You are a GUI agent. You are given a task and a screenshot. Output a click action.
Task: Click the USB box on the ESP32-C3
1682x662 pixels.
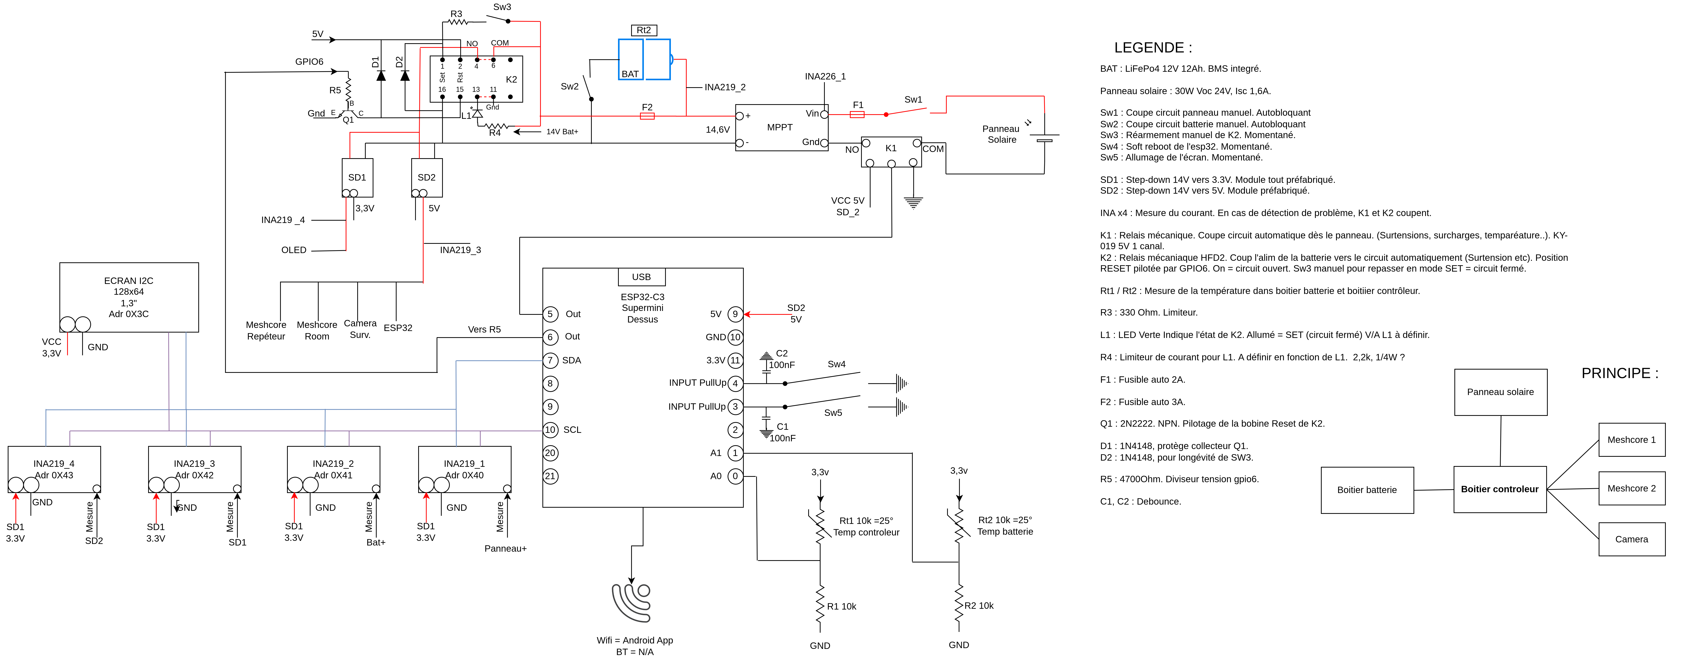tap(642, 277)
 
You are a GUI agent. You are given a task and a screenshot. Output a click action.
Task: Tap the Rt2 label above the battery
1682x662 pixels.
tap(644, 30)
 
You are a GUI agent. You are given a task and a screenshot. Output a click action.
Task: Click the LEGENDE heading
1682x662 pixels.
tap(1153, 48)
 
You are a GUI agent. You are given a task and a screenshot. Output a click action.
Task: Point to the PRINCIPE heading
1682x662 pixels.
tap(1619, 373)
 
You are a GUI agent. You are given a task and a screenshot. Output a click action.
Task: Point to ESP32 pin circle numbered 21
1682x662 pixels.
tap(551, 476)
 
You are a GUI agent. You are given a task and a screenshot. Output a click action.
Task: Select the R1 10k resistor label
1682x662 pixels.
tap(842, 606)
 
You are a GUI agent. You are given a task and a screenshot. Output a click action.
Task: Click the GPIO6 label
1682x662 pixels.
tap(310, 62)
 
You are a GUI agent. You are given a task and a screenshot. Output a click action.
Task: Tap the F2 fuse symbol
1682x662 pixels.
tap(647, 116)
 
